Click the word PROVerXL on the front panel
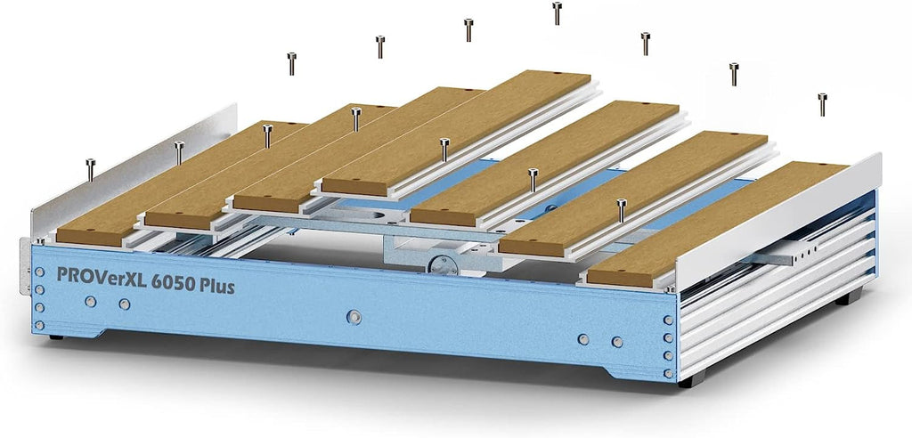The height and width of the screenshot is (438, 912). point(101,276)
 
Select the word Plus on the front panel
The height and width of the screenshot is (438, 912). point(217,286)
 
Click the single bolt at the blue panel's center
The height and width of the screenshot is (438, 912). point(354,317)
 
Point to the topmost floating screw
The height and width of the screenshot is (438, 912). point(557,12)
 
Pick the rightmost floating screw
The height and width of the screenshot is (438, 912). point(822,104)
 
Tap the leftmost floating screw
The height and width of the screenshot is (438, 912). point(90,170)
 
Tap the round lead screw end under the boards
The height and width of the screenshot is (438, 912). point(442,265)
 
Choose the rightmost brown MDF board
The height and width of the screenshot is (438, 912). point(717,224)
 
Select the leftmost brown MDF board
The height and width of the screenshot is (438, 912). point(180,183)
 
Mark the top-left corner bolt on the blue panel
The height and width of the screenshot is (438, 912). point(39,272)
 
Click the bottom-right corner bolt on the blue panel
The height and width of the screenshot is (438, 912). point(668,373)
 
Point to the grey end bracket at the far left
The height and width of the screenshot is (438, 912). point(24,265)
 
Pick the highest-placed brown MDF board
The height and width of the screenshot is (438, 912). point(456,134)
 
